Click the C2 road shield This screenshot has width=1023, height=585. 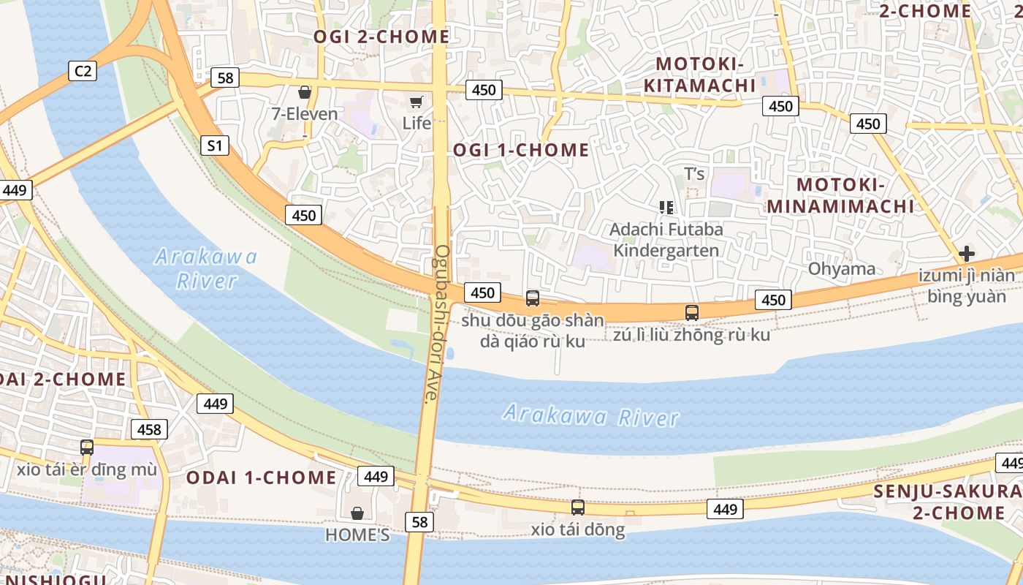click(83, 70)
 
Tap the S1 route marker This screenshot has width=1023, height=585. click(214, 146)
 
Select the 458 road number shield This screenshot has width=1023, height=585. click(149, 429)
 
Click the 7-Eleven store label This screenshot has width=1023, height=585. click(305, 114)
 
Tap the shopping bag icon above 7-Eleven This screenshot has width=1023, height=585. click(305, 92)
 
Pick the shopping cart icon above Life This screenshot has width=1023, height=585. click(417, 102)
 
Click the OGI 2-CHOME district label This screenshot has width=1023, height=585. click(381, 37)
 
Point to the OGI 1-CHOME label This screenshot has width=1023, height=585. click(521, 151)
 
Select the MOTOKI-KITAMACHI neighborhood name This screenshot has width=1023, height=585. click(700, 75)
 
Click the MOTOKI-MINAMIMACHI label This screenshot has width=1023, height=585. click(840, 195)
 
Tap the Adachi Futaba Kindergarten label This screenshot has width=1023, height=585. click(666, 240)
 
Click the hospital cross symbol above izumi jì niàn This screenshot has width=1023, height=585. click(967, 254)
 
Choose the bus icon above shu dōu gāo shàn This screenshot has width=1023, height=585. click(533, 298)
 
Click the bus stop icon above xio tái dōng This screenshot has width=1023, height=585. click(578, 507)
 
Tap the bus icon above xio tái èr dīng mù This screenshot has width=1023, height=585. click(87, 447)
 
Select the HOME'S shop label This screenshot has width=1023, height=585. click(357, 535)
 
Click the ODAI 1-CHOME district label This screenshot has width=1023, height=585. click(262, 478)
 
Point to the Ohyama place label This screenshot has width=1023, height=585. click(841, 269)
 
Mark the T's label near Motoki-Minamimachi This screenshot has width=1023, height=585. click(694, 174)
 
